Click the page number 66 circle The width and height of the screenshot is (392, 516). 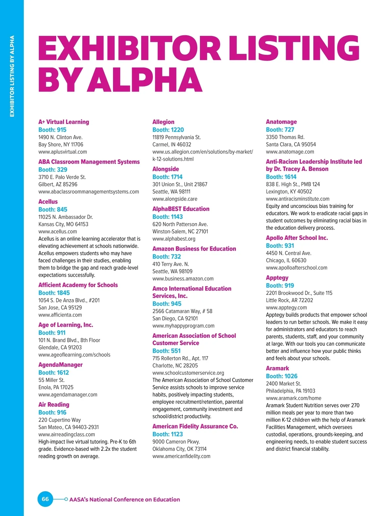(x=45, y=499)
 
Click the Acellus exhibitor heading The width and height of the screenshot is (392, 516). (x=48, y=202)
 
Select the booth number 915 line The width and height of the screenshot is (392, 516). (x=52, y=129)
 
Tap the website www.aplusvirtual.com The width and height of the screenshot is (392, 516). (x=63, y=152)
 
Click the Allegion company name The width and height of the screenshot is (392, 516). (x=163, y=122)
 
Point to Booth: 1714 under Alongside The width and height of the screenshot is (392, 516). (x=168, y=177)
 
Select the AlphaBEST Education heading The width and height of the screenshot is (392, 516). (x=181, y=209)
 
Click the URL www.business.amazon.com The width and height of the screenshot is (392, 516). (x=183, y=279)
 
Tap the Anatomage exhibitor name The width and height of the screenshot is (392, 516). (x=281, y=122)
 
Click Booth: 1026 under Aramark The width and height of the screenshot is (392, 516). (x=282, y=376)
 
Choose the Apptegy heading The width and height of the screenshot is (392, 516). (x=277, y=278)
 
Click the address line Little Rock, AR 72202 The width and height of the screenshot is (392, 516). (x=289, y=300)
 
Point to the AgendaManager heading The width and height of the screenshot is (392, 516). (x=60, y=365)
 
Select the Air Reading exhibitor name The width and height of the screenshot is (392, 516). (x=54, y=404)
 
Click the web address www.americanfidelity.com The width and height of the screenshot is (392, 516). (x=181, y=456)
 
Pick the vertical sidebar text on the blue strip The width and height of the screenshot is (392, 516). (x=12, y=76)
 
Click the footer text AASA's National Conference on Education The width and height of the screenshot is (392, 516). (x=124, y=499)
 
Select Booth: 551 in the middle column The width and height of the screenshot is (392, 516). (x=167, y=351)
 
